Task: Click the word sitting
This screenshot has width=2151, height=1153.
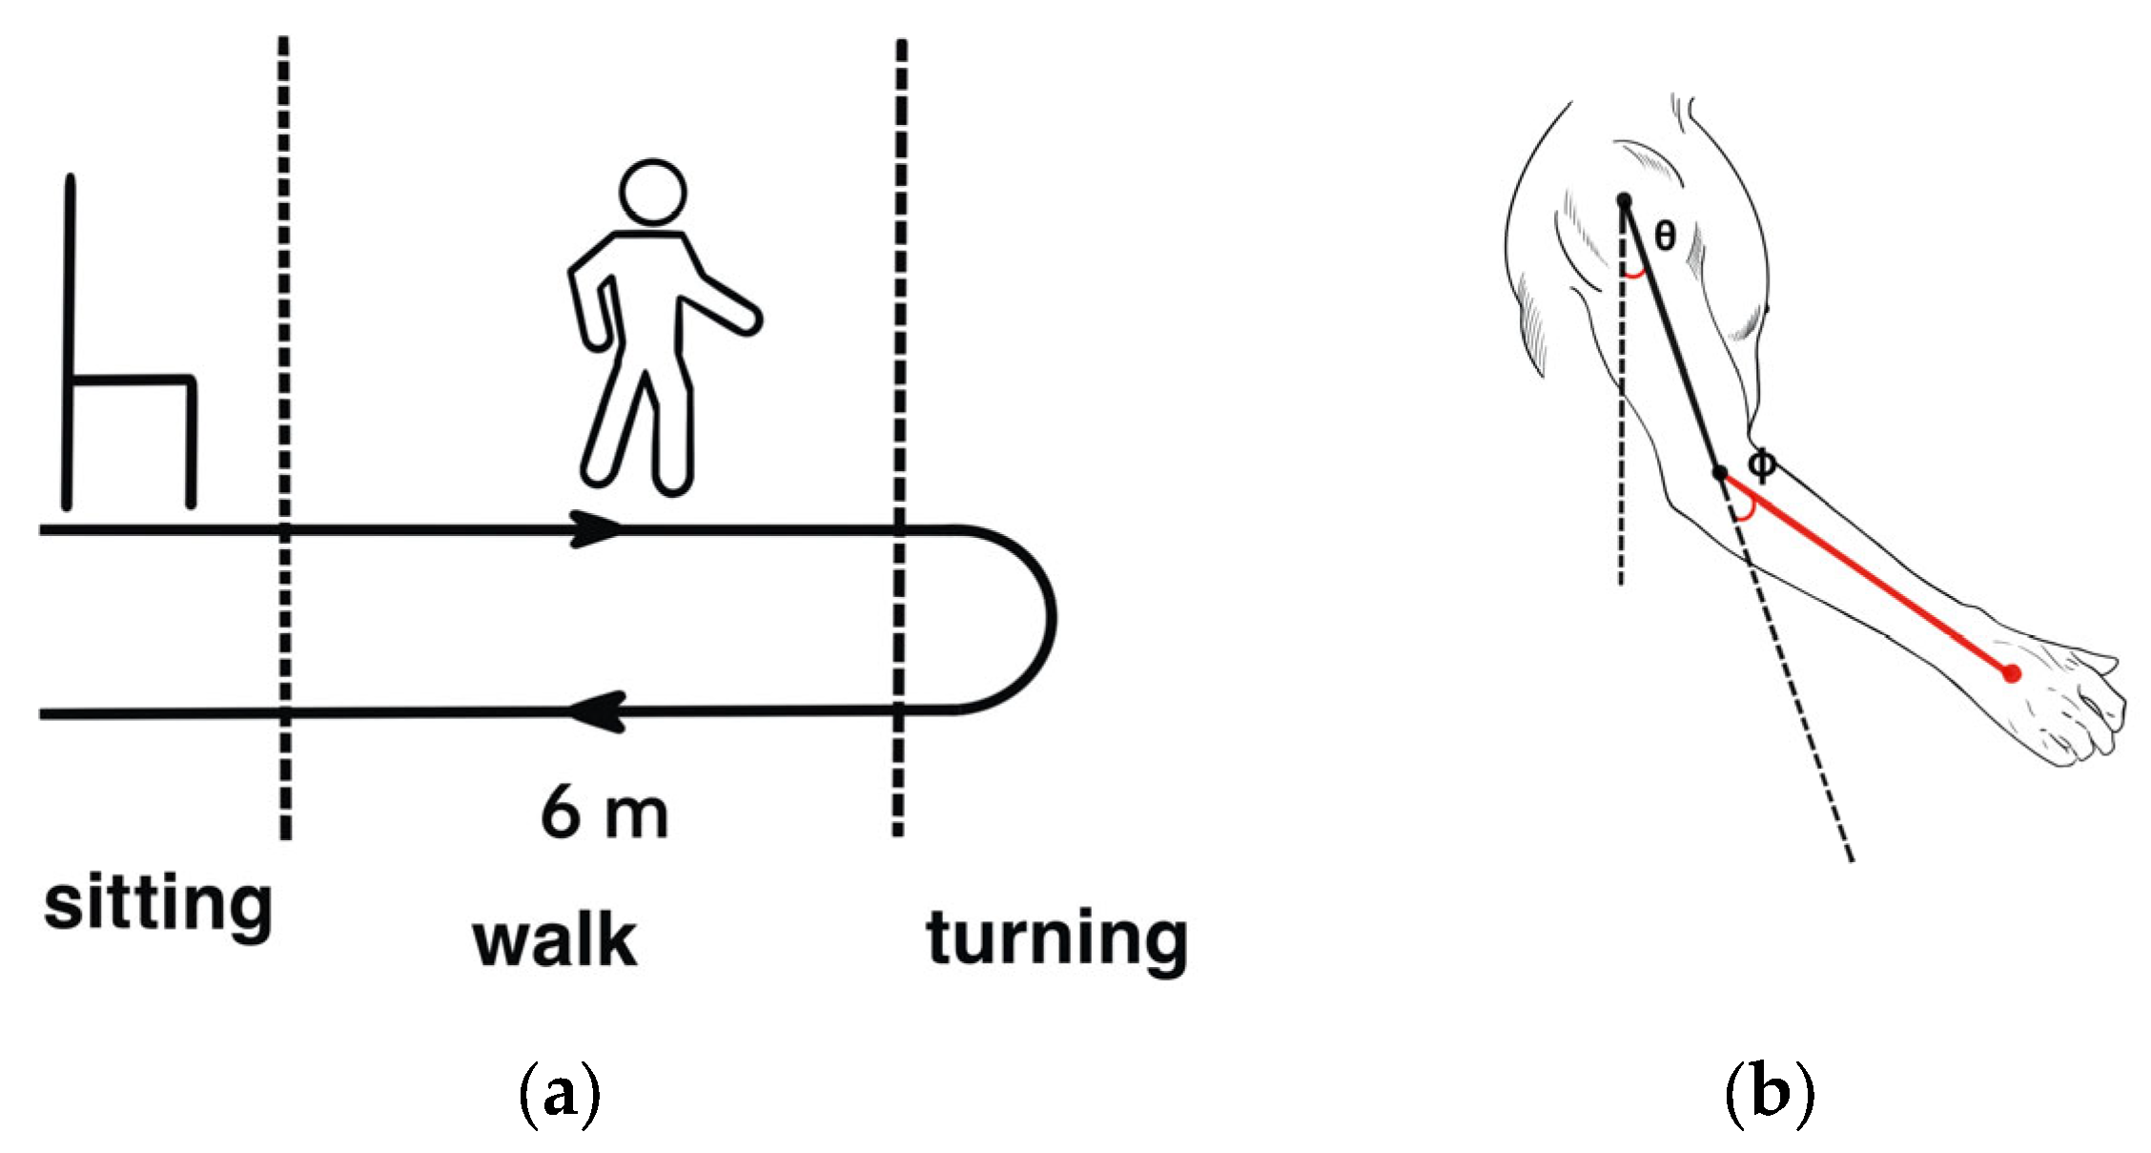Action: pyautogui.click(x=158, y=904)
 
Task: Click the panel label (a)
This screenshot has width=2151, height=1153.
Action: pyautogui.click(x=560, y=1096)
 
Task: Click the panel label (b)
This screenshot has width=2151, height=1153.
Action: pyautogui.click(x=1770, y=1096)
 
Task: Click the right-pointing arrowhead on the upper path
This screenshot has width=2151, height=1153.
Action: pyautogui.click(x=596, y=528)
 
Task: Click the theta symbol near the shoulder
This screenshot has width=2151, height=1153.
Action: pyautogui.click(x=1664, y=235)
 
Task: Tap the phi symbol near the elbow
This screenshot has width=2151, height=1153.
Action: pyautogui.click(x=1762, y=464)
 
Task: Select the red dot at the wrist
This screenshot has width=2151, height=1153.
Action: pyautogui.click(x=2011, y=673)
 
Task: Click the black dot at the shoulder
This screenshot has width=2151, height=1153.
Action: pyautogui.click(x=1624, y=200)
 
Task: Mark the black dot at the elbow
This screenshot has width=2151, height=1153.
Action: pyautogui.click(x=1720, y=472)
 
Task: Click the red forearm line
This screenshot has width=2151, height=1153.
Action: pyautogui.click(x=1869, y=575)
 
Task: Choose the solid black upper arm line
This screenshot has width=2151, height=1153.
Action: pyautogui.click(x=1670, y=334)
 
